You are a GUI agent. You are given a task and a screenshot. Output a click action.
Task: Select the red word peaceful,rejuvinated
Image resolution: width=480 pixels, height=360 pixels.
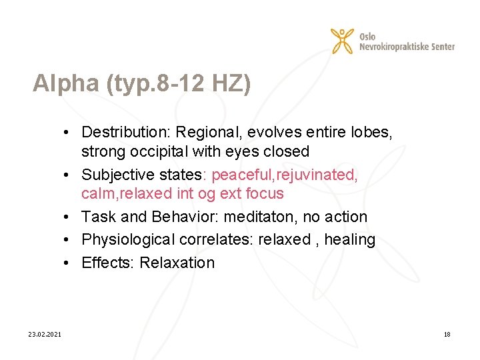285,175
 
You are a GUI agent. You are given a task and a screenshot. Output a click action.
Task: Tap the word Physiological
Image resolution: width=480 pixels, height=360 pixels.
129,239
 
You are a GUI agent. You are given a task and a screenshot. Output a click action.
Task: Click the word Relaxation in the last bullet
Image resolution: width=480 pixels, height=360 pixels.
177,263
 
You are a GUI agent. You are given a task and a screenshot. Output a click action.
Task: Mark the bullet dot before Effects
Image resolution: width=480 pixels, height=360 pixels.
70,263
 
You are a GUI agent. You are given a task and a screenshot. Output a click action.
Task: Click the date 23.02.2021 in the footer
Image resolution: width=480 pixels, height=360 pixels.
45,334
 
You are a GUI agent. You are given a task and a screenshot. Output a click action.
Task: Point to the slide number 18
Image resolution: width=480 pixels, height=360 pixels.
447,334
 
